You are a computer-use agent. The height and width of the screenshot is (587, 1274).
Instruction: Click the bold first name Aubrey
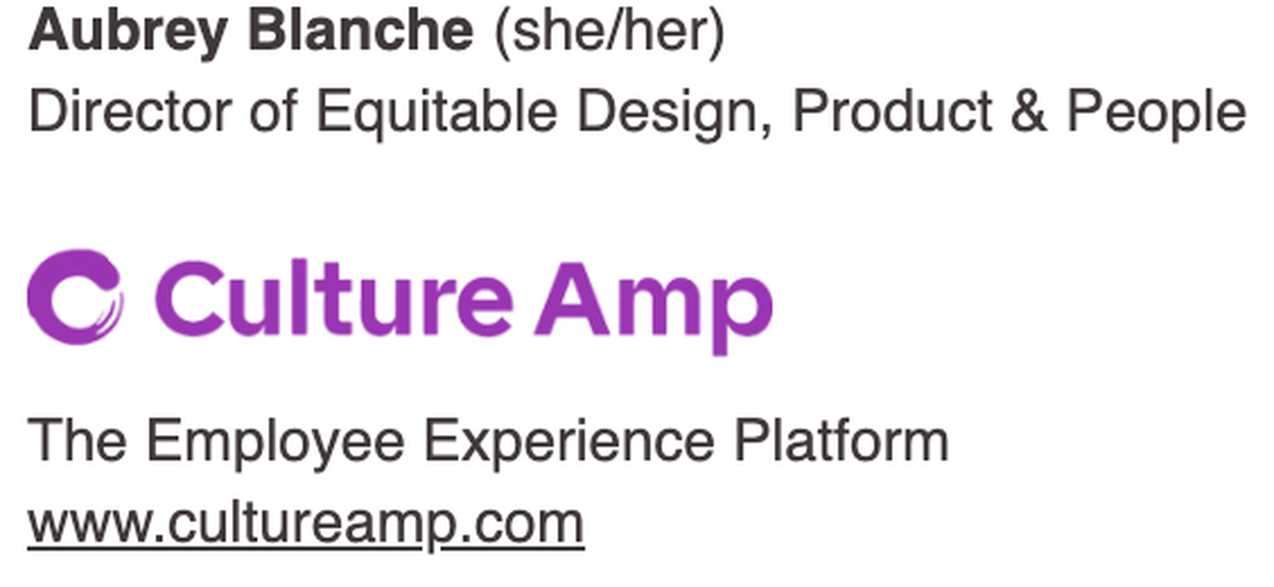tap(128, 33)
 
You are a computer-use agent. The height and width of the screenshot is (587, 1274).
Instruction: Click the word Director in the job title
tap(130, 111)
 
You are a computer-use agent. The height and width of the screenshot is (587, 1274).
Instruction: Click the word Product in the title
tap(893, 111)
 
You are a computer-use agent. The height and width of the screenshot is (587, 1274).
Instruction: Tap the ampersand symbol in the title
tap(1029, 111)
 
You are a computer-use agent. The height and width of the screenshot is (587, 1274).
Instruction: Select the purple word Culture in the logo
tap(334, 298)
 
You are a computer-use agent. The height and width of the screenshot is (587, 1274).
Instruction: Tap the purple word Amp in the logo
tap(654, 308)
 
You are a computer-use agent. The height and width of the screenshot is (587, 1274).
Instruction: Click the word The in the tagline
tap(77, 439)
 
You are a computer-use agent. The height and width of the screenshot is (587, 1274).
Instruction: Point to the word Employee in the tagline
tap(276, 443)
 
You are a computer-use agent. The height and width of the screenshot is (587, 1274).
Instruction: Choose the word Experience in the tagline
tap(570, 443)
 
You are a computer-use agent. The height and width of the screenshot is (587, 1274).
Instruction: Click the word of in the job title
tap(273, 111)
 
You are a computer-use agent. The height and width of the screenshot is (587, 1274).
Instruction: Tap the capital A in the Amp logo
tap(572, 299)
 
